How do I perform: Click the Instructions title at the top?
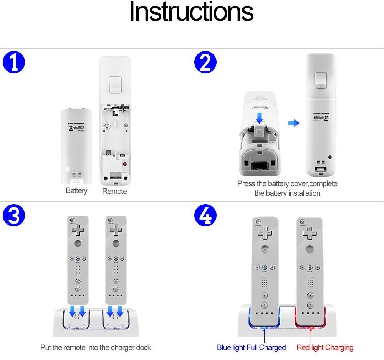[191, 12]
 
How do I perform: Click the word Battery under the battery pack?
[76, 190]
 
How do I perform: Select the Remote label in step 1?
[114, 191]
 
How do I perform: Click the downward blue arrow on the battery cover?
[260, 117]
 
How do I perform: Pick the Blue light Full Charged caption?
[251, 347]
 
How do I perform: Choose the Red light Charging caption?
[325, 347]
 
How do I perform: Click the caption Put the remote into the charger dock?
[96, 347]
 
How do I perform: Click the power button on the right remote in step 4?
[303, 221]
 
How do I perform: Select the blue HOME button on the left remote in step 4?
[265, 267]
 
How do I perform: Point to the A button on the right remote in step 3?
[115, 243]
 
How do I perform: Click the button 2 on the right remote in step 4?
[308, 306]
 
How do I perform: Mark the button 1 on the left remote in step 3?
[78, 281]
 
